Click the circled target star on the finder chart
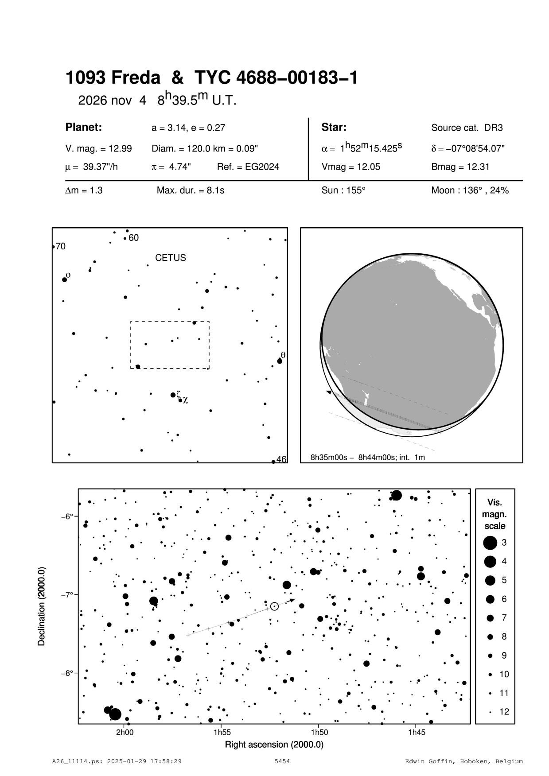coord(274,606)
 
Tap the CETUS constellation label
coord(171,258)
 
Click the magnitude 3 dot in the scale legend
coord(490,543)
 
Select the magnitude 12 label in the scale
coord(504,712)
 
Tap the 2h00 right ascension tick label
coord(125,732)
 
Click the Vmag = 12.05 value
coord(350,167)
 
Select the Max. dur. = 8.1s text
coord(191,190)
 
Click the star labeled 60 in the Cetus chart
coord(125,238)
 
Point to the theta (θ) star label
coord(283,355)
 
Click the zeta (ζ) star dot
coord(173,395)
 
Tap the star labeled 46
coord(273,462)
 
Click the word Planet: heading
coord(84,128)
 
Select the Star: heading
coord(334,128)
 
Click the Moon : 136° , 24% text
coord(470,190)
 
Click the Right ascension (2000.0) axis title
coord(274,745)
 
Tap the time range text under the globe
coord(368,457)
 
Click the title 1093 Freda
coord(113,78)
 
